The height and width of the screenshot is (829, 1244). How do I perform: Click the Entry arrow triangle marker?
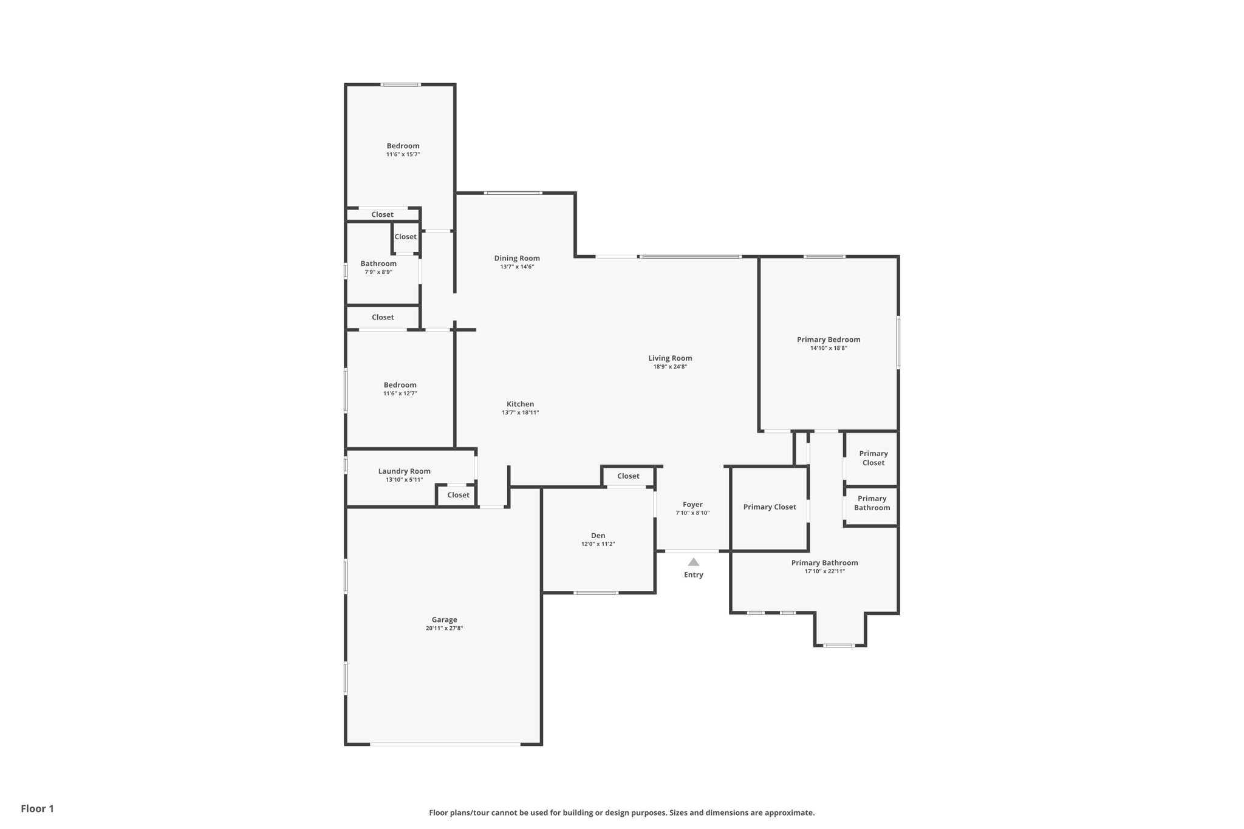pos(693,562)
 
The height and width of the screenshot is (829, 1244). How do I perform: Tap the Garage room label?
pos(444,620)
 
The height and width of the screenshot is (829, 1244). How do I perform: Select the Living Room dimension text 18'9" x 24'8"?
pos(670,367)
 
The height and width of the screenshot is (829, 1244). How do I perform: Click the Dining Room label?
pos(517,258)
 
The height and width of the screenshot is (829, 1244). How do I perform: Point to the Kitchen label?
pos(520,404)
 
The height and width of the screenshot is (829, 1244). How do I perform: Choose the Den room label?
pos(598,536)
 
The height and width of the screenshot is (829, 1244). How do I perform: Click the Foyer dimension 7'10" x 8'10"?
pos(692,513)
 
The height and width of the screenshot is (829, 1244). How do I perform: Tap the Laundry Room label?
pos(404,471)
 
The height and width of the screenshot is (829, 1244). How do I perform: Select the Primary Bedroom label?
pos(829,339)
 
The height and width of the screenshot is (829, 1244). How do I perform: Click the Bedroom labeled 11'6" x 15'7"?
pos(403,146)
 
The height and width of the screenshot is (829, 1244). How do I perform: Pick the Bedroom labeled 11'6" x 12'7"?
pos(400,385)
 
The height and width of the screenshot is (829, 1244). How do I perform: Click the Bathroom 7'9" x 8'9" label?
pos(378,264)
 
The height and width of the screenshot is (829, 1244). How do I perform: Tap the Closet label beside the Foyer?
pos(628,476)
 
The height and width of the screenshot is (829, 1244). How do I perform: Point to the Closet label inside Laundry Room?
pos(458,495)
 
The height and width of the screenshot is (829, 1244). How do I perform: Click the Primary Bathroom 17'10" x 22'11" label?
pos(824,563)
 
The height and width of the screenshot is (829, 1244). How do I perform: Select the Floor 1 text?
pos(37,808)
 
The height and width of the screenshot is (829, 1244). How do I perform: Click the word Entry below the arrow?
pos(693,575)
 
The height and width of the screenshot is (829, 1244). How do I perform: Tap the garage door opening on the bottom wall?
pos(445,744)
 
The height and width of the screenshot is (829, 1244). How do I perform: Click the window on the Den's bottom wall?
pos(595,592)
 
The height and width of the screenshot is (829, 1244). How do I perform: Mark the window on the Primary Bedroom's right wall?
pos(898,342)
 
